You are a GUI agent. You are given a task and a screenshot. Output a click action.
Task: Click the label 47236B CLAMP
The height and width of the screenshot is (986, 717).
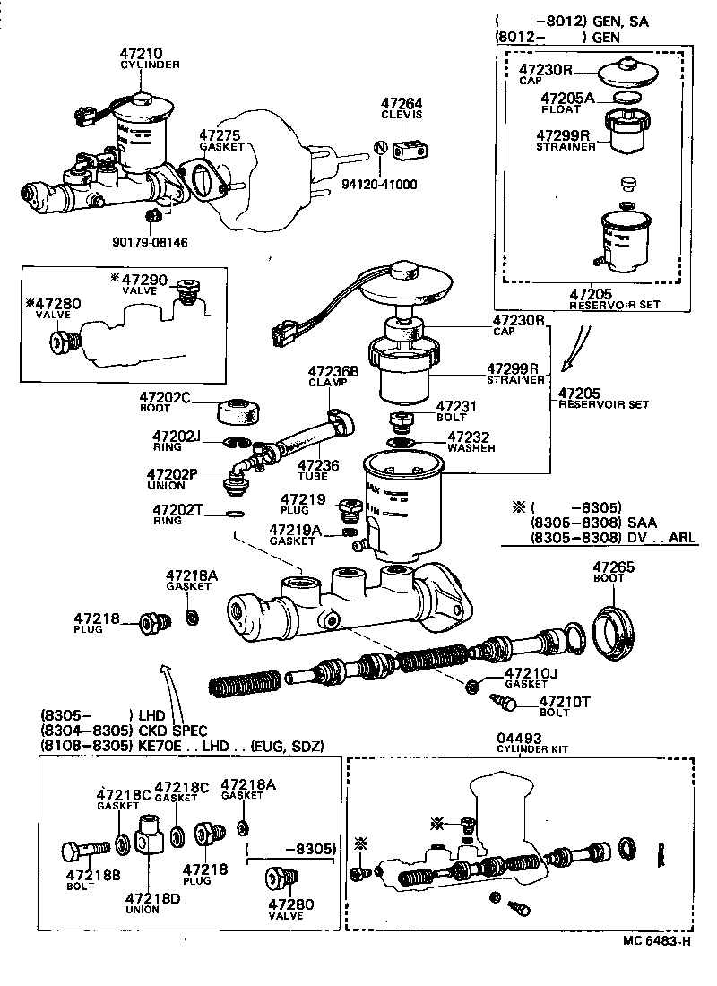click(333, 376)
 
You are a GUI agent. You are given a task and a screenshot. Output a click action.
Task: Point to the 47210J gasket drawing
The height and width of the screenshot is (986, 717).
click(472, 687)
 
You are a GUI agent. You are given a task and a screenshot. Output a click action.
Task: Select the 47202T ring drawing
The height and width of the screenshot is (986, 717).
click(233, 515)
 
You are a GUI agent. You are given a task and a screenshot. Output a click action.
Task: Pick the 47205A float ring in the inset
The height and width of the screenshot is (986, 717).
click(628, 98)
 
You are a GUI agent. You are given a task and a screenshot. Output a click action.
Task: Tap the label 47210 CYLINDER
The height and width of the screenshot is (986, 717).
click(150, 59)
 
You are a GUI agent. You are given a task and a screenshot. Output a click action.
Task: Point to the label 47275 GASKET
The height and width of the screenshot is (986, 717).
click(221, 140)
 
